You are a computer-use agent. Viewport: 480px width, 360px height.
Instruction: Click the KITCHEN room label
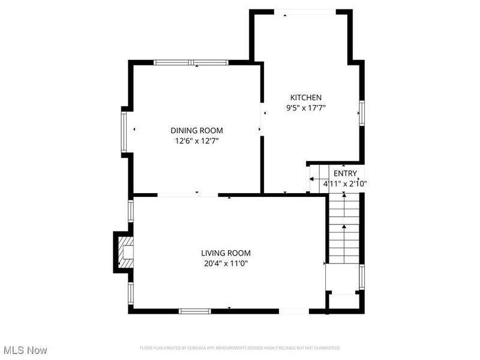(306, 97)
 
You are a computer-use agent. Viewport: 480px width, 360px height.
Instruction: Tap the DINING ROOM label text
(197, 130)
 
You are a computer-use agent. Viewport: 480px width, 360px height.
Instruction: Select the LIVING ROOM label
(226, 253)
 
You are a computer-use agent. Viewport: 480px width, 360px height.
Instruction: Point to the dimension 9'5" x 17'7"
(306, 108)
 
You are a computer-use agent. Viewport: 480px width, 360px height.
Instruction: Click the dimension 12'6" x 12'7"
(197, 141)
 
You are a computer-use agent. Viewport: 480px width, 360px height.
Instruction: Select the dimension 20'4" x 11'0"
(226, 263)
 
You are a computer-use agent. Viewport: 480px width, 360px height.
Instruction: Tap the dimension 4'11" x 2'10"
(344, 184)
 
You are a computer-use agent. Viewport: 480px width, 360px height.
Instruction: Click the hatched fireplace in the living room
(125, 252)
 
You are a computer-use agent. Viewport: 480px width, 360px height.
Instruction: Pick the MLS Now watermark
(25, 350)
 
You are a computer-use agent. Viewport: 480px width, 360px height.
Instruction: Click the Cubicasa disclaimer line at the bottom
(240, 348)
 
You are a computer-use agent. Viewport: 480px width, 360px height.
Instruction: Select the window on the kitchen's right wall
(362, 112)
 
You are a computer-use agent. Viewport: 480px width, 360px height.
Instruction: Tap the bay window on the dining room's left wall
(124, 131)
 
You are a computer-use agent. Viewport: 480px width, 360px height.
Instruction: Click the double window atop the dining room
(191, 62)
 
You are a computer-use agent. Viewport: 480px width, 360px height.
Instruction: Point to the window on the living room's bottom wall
(195, 311)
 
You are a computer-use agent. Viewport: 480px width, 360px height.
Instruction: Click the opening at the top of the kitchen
(305, 11)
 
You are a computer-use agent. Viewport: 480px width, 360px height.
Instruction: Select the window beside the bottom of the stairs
(362, 277)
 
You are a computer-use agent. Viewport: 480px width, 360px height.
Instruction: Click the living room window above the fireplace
(131, 211)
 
